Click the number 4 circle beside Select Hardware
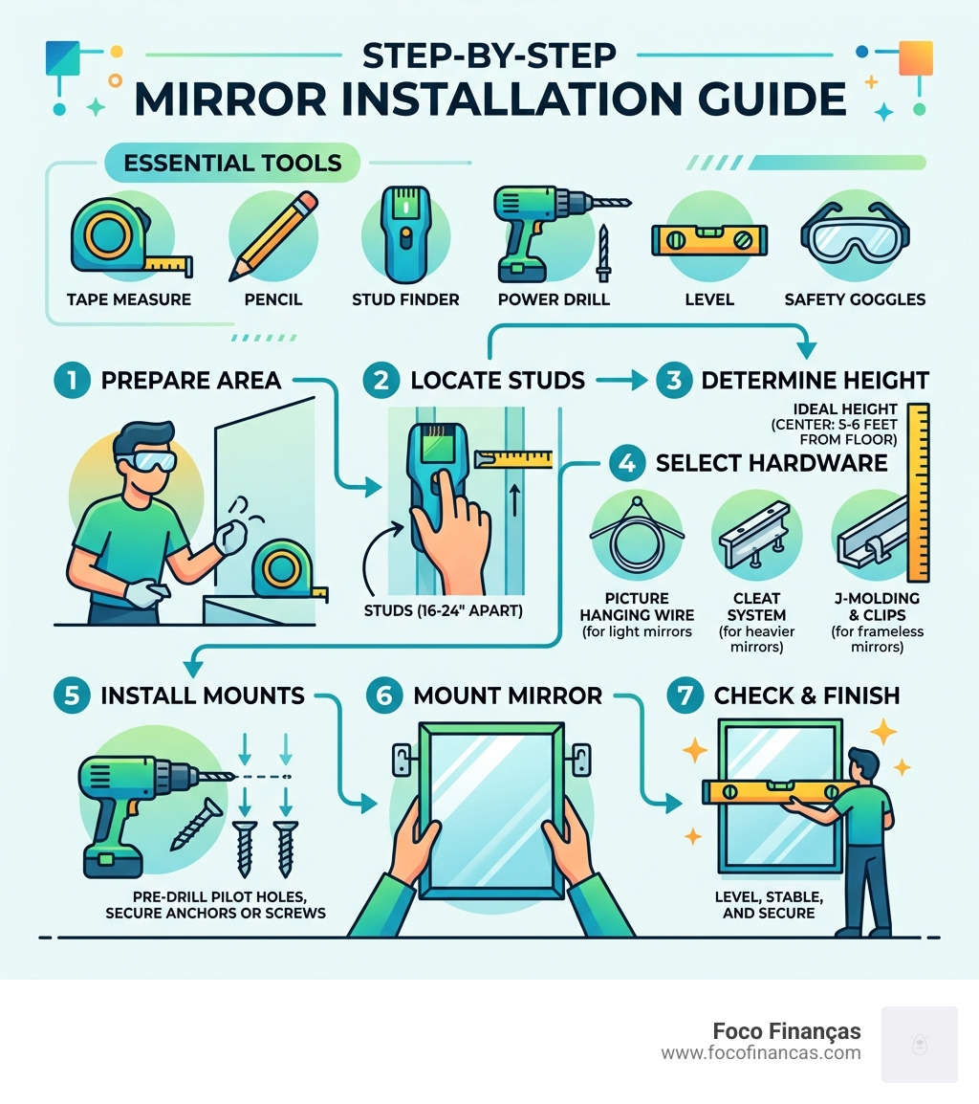[627, 464]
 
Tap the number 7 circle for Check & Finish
[685, 696]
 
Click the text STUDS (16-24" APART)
[445, 609]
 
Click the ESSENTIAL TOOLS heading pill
[232, 162]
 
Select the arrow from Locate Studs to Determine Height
[623, 381]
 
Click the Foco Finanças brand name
[786, 1031]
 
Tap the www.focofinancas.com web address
[760, 1053]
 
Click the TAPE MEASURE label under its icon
[128, 299]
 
